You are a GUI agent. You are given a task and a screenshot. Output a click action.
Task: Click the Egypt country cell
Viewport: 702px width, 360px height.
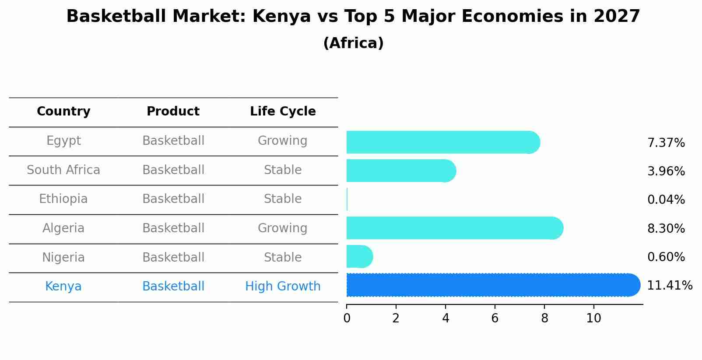[x=63, y=141]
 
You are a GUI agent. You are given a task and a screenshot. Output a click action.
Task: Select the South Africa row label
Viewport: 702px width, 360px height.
[x=63, y=170]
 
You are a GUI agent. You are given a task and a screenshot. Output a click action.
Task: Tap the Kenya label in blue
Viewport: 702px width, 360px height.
[x=63, y=287]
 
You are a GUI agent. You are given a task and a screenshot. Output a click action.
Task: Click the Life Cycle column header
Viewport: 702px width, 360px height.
[x=283, y=112]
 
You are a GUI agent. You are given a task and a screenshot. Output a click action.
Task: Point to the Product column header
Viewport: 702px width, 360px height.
[x=173, y=112]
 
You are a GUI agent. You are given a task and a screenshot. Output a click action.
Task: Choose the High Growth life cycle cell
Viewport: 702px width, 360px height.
[x=283, y=287]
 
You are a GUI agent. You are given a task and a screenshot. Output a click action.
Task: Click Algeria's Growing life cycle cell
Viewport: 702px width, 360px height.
[x=283, y=228]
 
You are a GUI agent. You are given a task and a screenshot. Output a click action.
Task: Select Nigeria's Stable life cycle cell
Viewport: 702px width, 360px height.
[x=283, y=257]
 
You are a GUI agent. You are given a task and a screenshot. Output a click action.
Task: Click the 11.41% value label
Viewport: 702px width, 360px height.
[x=670, y=286]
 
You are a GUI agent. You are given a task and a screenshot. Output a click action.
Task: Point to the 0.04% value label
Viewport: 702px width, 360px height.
[x=666, y=200]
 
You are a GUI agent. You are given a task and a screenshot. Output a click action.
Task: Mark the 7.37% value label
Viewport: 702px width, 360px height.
[x=666, y=143]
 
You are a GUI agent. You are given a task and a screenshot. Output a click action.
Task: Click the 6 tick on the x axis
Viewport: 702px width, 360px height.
[x=495, y=318]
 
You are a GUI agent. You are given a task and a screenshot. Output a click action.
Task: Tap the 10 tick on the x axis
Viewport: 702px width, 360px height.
[x=593, y=318]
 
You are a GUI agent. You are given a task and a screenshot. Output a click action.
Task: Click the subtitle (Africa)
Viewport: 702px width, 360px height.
[x=353, y=43]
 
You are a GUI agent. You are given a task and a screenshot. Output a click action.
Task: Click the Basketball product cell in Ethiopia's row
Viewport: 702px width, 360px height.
[x=173, y=199]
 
